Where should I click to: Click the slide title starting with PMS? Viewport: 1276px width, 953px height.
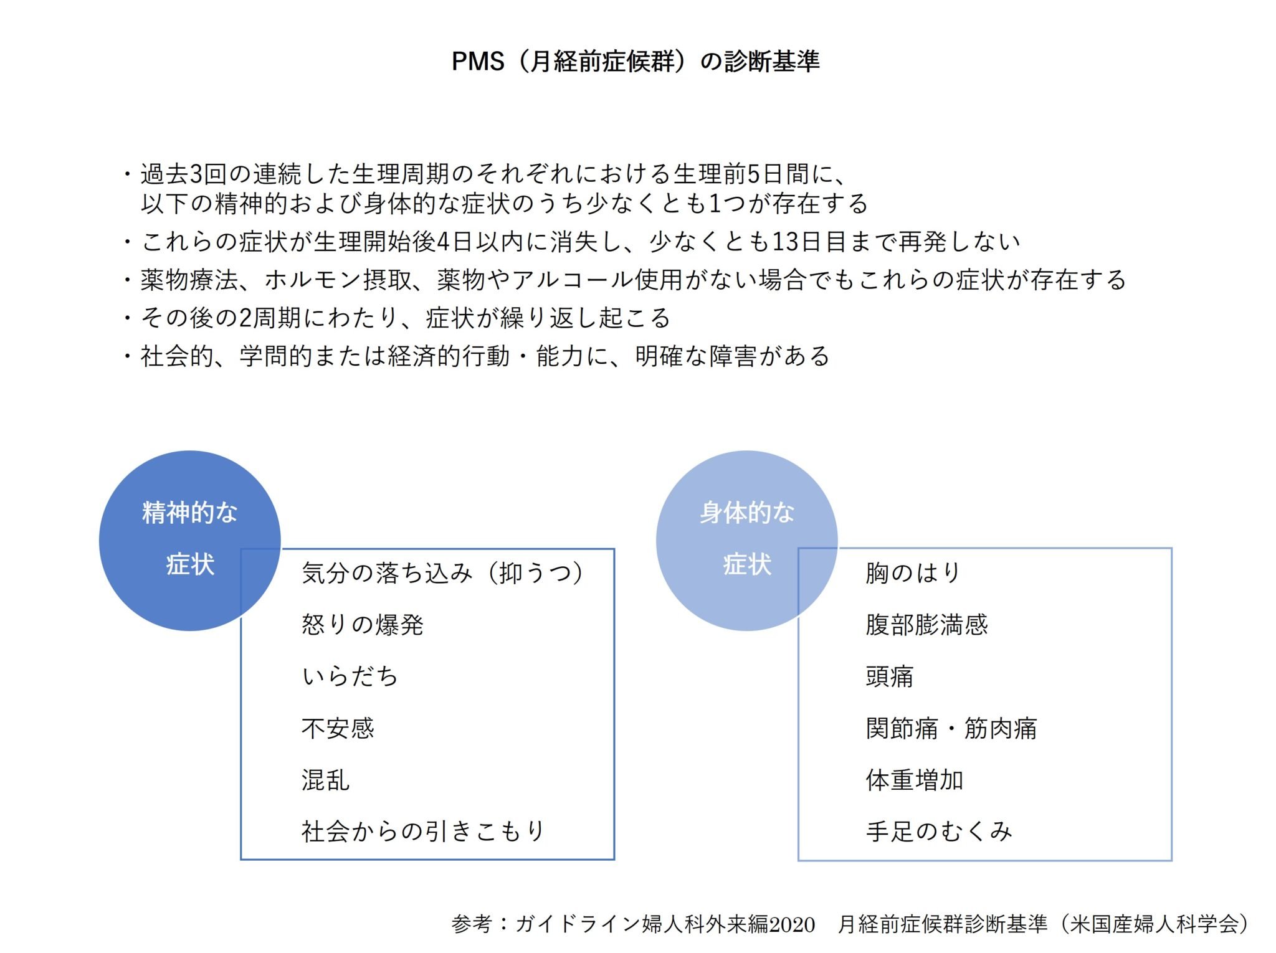tap(636, 61)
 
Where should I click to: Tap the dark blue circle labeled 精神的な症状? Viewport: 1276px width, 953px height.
tap(189, 541)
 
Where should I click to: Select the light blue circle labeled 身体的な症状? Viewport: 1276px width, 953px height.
tap(746, 541)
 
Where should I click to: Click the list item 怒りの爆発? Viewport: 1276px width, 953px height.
tap(363, 625)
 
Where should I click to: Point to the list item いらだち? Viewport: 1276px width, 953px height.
tap(350, 676)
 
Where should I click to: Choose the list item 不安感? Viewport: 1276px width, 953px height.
tap(338, 728)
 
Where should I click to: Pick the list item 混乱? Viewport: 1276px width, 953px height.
tap(326, 780)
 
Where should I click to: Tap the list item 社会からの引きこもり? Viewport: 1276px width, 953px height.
tap(424, 832)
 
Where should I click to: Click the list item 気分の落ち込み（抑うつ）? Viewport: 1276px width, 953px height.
tap(444, 573)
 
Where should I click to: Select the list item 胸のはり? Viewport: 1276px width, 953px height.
tap(913, 573)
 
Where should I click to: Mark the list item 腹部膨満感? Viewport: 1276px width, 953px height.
tap(926, 625)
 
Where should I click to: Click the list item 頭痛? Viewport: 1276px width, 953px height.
tap(890, 676)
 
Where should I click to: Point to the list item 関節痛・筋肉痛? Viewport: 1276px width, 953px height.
tap(951, 728)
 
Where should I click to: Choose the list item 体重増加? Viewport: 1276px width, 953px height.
tap(915, 780)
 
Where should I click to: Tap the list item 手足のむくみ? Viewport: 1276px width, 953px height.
tap(939, 832)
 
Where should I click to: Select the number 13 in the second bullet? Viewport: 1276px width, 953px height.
tap(786, 242)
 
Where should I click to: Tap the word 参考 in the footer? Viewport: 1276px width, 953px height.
tap(472, 924)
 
